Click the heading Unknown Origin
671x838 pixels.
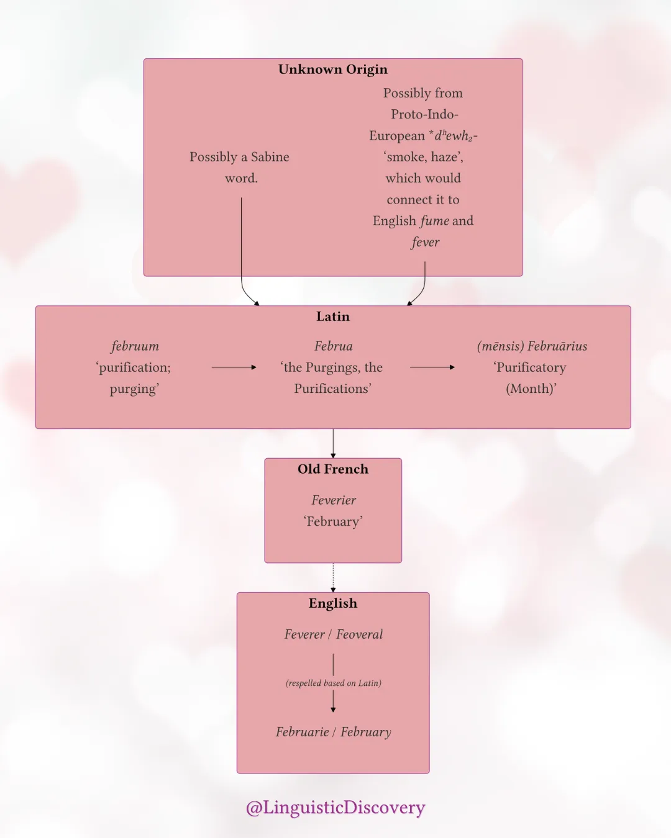333,70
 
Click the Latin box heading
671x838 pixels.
333,316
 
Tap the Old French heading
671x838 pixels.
333,469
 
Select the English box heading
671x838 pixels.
333,603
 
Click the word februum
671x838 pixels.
135,346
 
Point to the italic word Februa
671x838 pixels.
334,346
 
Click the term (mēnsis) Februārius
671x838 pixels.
532,346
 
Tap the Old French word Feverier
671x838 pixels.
334,500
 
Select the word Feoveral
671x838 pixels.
360,634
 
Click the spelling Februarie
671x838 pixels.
303,732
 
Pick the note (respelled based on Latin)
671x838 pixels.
334,683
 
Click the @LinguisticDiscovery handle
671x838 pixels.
335,807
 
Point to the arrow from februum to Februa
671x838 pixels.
234,367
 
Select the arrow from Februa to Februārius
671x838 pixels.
432,367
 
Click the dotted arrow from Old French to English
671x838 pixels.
333,577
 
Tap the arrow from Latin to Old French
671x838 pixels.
333,444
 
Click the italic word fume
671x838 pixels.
435,221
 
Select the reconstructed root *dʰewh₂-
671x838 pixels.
453,135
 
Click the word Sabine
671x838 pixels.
270,157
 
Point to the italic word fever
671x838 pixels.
426,242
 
